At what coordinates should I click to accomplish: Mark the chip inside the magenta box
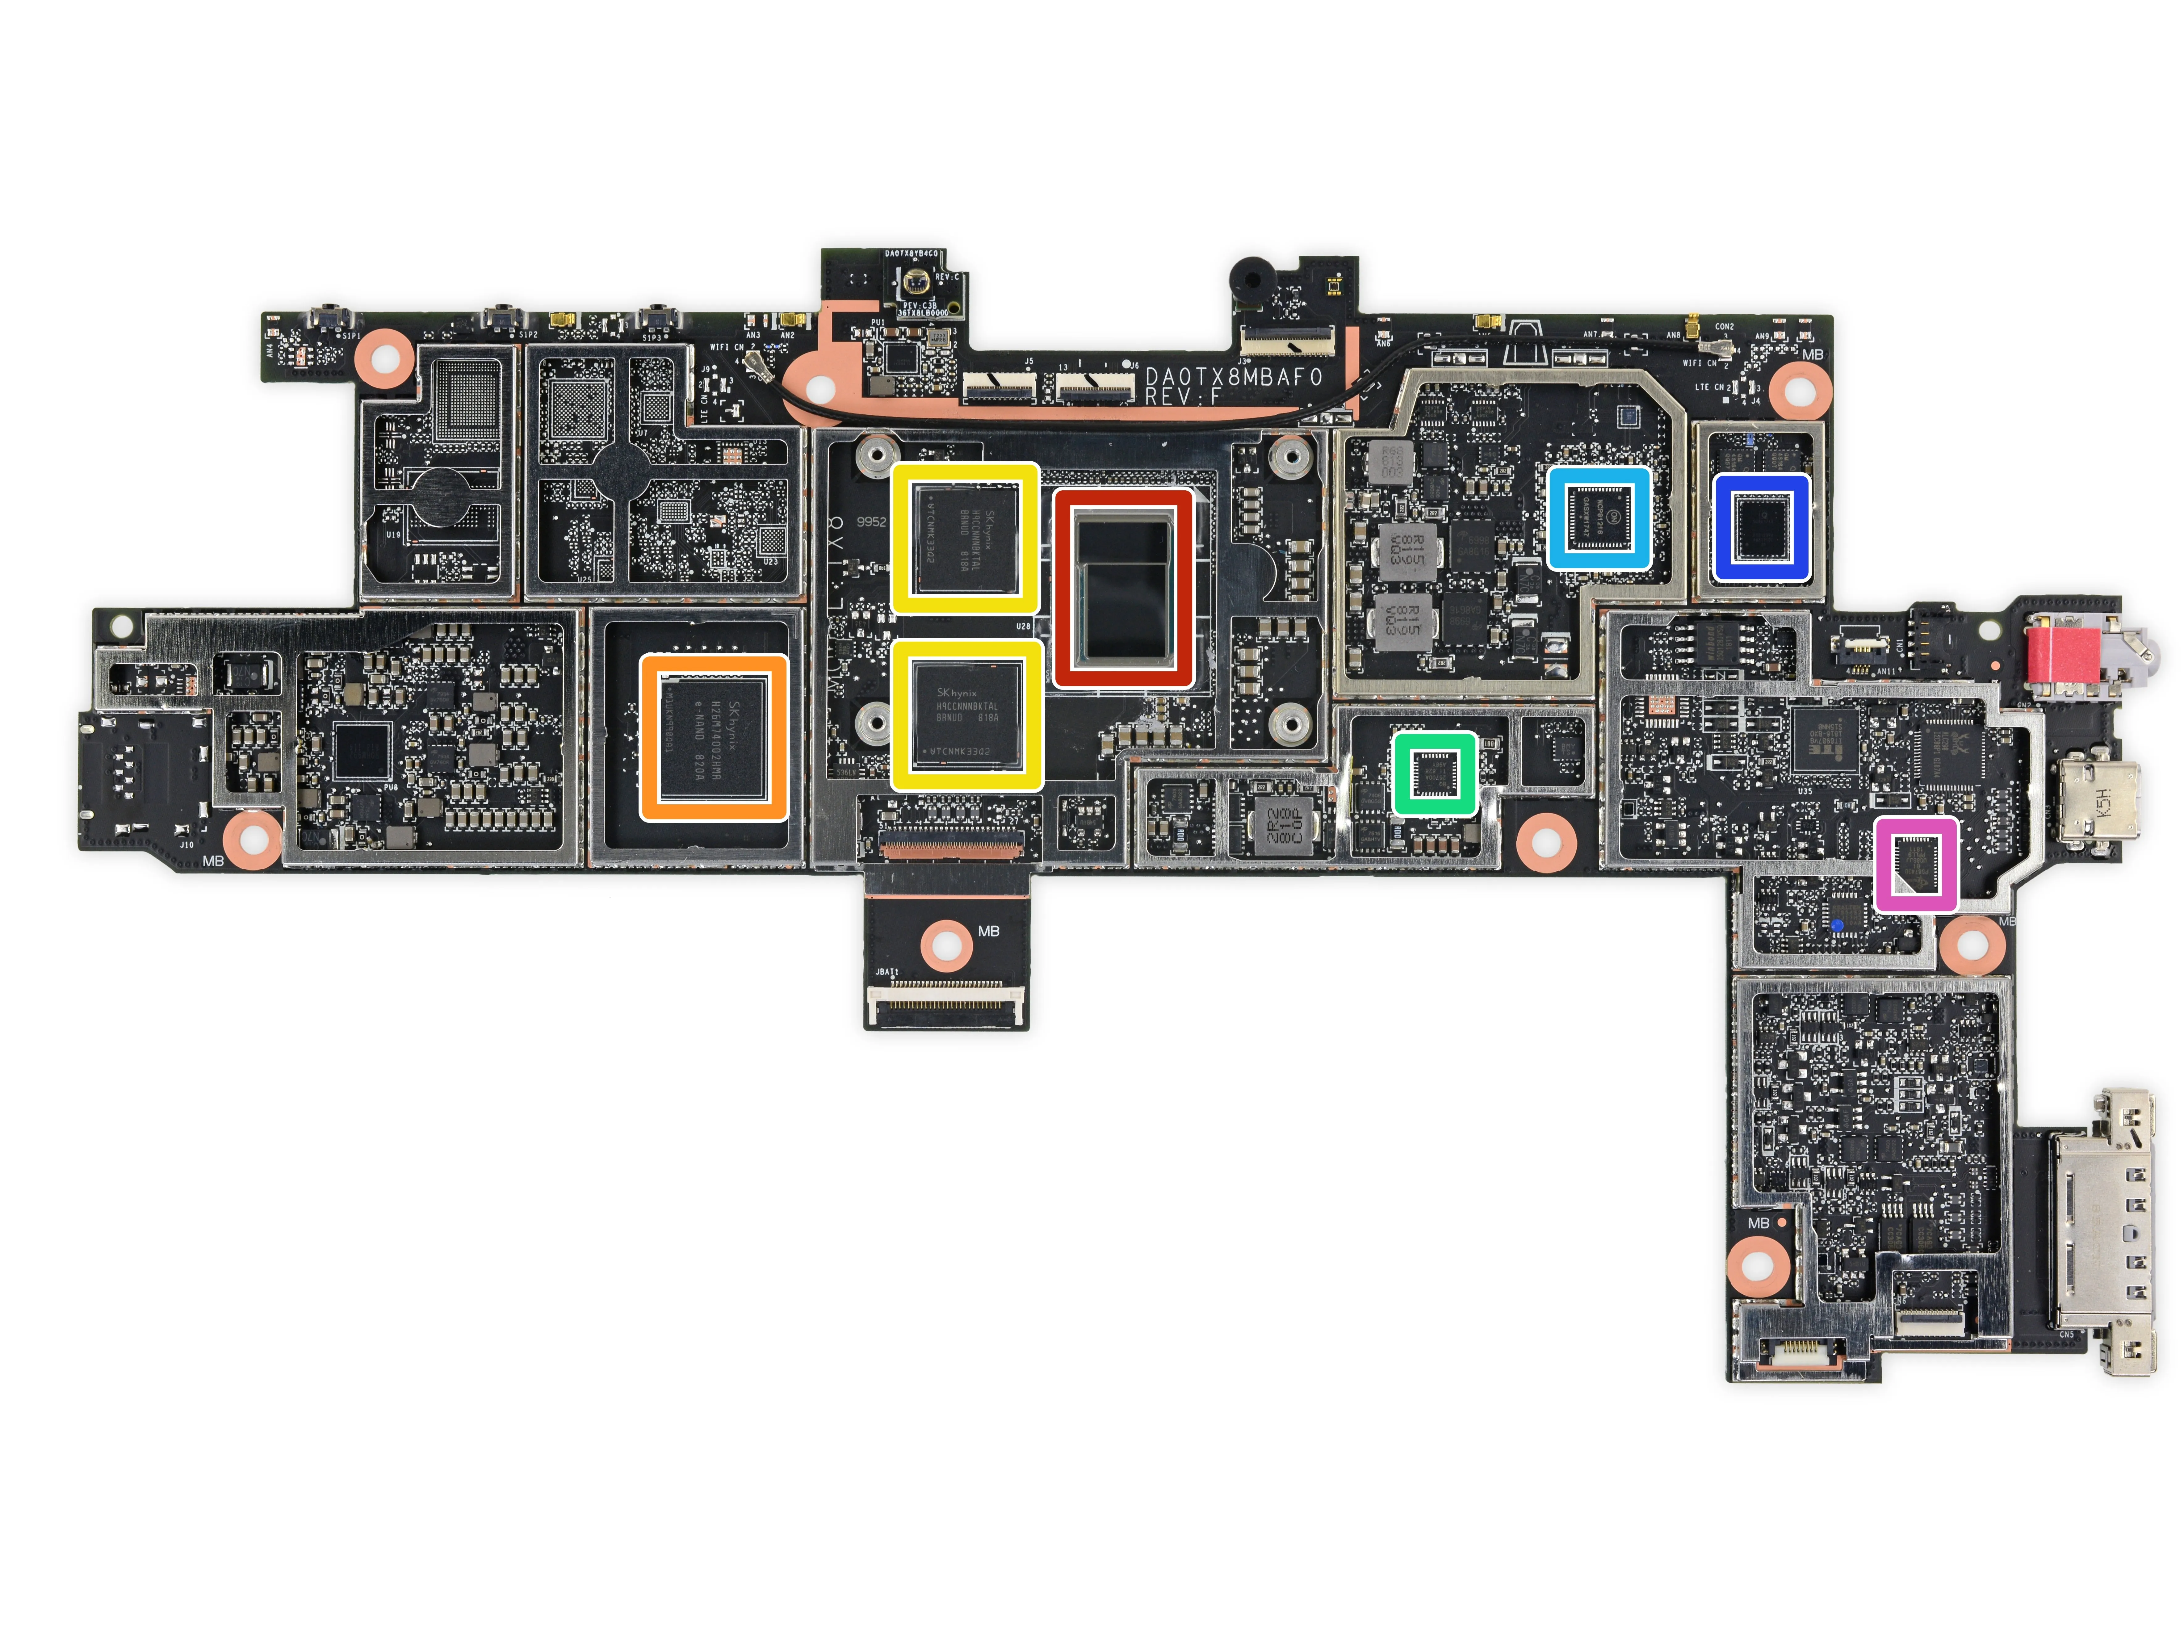click(1915, 864)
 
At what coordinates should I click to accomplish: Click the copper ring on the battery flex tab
click(946, 945)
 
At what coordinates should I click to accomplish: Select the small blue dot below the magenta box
click(1836, 925)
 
